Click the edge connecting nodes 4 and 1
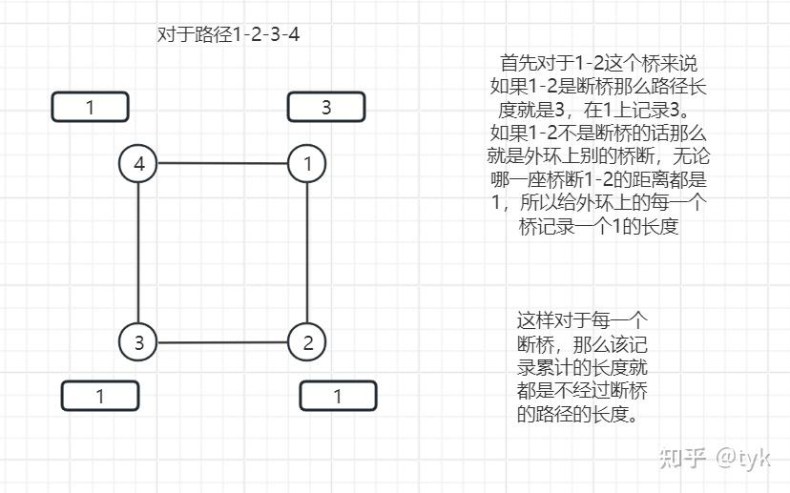(x=222, y=163)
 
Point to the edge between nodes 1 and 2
(x=307, y=253)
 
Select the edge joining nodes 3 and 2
(x=222, y=342)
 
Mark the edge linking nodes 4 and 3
(x=138, y=253)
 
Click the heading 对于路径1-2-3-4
(x=228, y=34)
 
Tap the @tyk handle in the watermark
(x=743, y=458)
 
